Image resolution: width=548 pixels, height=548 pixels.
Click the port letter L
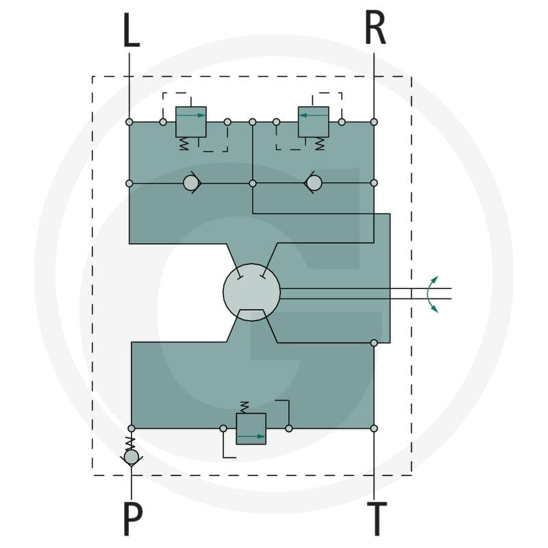(132, 29)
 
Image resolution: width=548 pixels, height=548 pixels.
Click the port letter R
(375, 27)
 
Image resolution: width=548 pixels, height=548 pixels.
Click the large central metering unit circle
(251, 292)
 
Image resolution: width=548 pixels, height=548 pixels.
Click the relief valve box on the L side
(191, 122)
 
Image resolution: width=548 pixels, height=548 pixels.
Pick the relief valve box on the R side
(314, 122)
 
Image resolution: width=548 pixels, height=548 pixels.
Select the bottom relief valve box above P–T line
(251, 429)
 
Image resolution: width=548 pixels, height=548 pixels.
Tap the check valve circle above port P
(132, 457)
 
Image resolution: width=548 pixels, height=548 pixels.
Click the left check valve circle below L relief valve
(191, 183)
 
